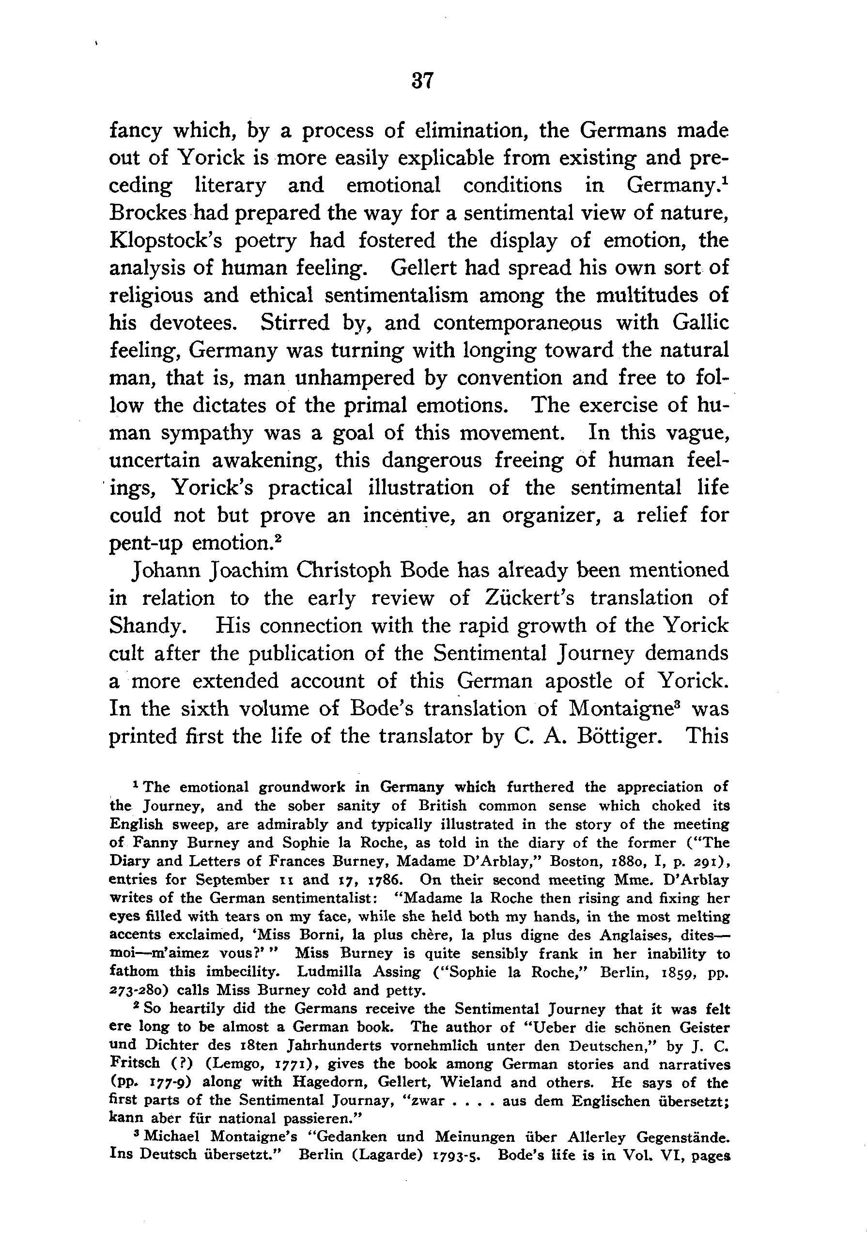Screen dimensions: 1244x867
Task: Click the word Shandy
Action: [145, 626]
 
